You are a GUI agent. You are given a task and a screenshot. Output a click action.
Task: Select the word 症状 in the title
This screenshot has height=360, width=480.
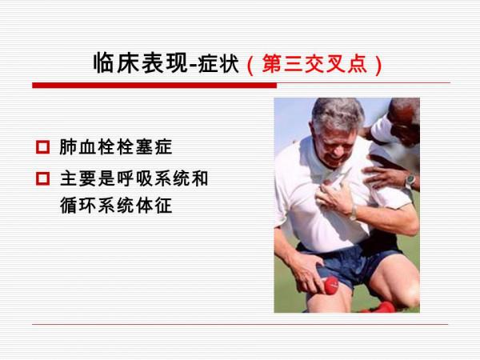click(222, 64)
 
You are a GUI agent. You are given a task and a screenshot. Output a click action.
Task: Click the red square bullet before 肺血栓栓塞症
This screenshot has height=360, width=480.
click(42, 148)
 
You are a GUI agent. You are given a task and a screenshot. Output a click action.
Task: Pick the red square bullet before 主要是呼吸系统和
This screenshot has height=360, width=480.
click(42, 179)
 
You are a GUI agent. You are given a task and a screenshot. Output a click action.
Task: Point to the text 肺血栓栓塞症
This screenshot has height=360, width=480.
click(115, 148)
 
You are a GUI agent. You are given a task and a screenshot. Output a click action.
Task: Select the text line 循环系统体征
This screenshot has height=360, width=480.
click(115, 206)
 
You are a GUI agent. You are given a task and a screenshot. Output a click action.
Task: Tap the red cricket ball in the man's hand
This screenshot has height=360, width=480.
click(330, 284)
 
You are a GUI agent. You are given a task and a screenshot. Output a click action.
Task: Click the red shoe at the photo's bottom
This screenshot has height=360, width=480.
click(379, 307)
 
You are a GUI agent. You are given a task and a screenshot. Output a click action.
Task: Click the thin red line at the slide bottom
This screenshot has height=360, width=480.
click(240, 324)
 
